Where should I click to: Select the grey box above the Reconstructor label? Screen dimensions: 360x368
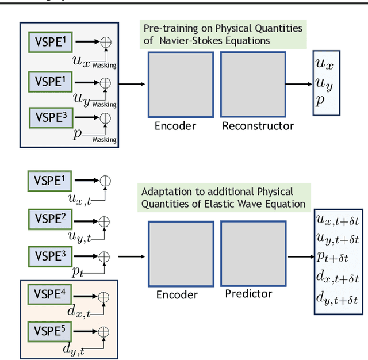click(x=254, y=85)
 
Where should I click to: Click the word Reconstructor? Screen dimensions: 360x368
click(x=258, y=126)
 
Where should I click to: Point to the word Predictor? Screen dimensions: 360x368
click(x=248, y=294)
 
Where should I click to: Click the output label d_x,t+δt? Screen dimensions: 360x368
click(x=337, y=279)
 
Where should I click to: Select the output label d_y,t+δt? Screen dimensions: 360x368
click(x=337, y=299)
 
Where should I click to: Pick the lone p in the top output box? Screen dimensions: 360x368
click(x=320, y=99)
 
